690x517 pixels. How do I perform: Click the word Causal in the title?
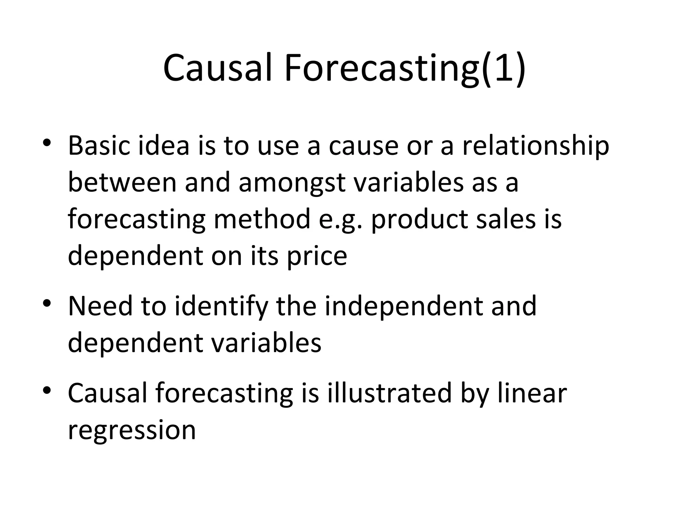[217, 68]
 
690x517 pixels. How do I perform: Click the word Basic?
[99, 146]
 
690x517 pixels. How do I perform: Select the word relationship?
[535, 146]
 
